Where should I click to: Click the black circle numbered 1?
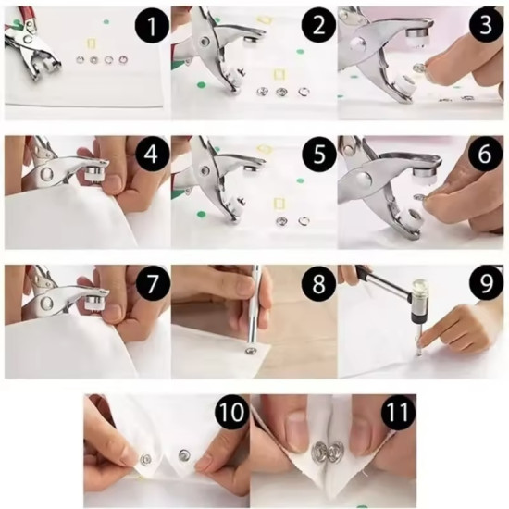click(152, 26)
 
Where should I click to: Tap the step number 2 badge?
click(318, 26)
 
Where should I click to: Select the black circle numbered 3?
click(485, 25)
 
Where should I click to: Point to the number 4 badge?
click(152, 155)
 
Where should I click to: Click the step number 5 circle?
click(318, 155)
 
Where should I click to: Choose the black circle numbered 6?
click(485, 154)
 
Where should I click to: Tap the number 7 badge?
click(152, 283)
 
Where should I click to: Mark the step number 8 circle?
click(318, 283)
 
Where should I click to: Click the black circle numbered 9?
click(485, 283)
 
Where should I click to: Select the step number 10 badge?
click(232, 412)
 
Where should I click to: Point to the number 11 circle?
click(398, 412)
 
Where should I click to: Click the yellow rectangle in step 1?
click(91, 43)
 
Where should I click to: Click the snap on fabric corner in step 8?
click(250, 350)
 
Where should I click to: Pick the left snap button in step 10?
click(145, 459)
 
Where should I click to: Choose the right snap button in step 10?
click(184, 454)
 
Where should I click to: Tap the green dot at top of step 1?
click(106, 22)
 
